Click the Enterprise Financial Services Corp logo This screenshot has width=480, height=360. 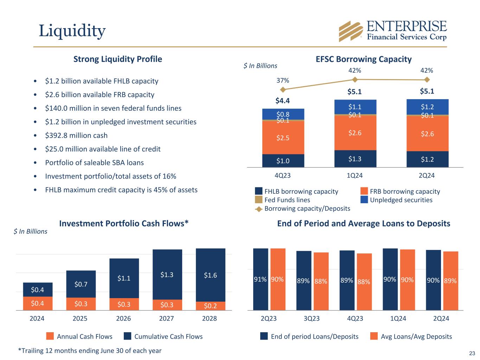pyautogui.click(x=392, y=31)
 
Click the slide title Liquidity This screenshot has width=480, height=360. pyautogui.click(x=72, y=31)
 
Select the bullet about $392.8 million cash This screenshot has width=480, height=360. pyautogui.click(x=76, y=135)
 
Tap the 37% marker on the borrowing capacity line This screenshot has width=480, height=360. pyautogui.click(x=283, y=90)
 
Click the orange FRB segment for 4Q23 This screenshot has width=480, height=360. pyautogui.click(x=283, y=137)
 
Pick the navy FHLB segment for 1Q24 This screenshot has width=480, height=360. pyautogui.click(x=355, y=159)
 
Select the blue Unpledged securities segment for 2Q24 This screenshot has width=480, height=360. pyautogui.click(x=427, y=107)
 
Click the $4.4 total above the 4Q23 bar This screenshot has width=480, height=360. pyautogui.click(x=282, y=101)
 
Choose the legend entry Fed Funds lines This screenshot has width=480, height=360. pyautogui.click(x=287, y=200)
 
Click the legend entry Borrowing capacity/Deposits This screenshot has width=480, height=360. pyautogui.click(x=307, y=208)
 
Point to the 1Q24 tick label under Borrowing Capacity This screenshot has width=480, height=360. pyautogui.click(x=354, y=175)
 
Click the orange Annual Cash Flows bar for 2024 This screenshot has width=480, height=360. pyautogui.click(x=38, y=303)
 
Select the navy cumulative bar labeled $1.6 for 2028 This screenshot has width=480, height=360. pyautogui.click(x=210, y=275)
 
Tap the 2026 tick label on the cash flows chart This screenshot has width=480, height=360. pyautogui.click(x=123, y=319)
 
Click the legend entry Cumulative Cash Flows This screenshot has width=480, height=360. pyautogui.click(x=168, y=336)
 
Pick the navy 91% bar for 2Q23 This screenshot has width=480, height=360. pyautogui.click(x=261, y=279)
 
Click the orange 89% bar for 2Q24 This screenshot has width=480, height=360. pyautogui.click(x=450, y=281)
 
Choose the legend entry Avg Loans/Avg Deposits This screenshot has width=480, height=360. pyautogui.click(x=416, y=336)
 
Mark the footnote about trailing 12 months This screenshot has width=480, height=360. pyautogui.click(x=90, y=351)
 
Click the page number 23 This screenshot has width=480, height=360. pyautogui.click(x=472, y=353)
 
